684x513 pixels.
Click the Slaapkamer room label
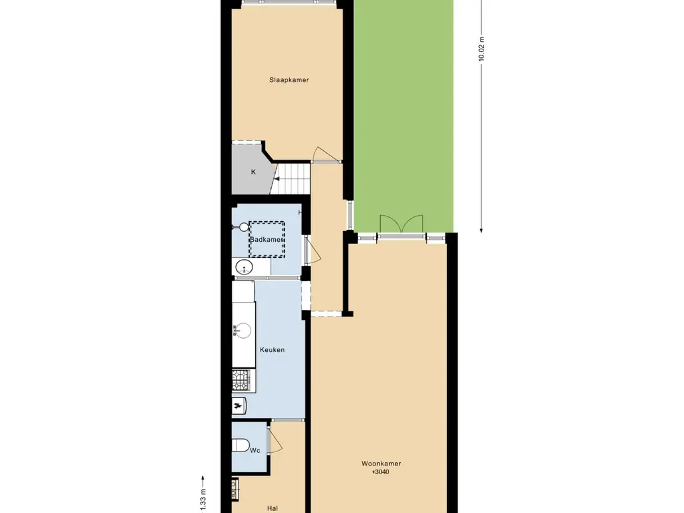289,80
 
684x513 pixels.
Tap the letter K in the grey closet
253,172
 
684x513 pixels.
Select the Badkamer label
267,239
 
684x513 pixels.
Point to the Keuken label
272,349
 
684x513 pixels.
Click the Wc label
254,451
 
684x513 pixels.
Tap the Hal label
272,508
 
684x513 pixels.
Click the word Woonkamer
381,464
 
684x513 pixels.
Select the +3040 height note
380,472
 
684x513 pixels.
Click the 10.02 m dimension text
481,49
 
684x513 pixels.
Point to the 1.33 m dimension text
203,497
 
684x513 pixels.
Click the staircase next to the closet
292,178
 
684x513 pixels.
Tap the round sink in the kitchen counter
242,331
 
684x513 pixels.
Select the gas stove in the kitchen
240,380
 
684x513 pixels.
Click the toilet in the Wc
241,445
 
